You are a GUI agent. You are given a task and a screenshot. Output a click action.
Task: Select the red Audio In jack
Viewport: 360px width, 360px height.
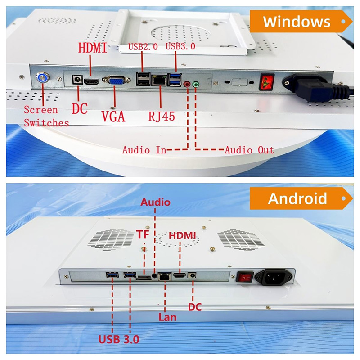coord(187,84)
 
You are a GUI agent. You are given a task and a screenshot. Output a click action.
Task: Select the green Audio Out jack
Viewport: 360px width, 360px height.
coord(196,84)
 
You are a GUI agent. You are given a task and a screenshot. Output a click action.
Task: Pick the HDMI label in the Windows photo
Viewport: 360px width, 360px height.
coord(93,47)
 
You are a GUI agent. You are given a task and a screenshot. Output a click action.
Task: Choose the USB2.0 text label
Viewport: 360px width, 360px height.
coord(143,46)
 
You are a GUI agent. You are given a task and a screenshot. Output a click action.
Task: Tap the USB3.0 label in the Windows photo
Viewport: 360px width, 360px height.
coord(180,46)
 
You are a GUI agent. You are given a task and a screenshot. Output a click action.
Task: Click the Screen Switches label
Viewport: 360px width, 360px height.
coord(46,116)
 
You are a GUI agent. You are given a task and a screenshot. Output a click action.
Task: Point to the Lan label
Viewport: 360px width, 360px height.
coord(167,317)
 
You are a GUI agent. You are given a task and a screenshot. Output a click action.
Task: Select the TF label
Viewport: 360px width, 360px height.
coord(143,234)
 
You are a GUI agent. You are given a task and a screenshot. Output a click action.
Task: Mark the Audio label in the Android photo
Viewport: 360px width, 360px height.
coord(156,202)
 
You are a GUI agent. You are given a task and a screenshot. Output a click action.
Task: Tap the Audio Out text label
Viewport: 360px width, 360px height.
coord(249,150)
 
